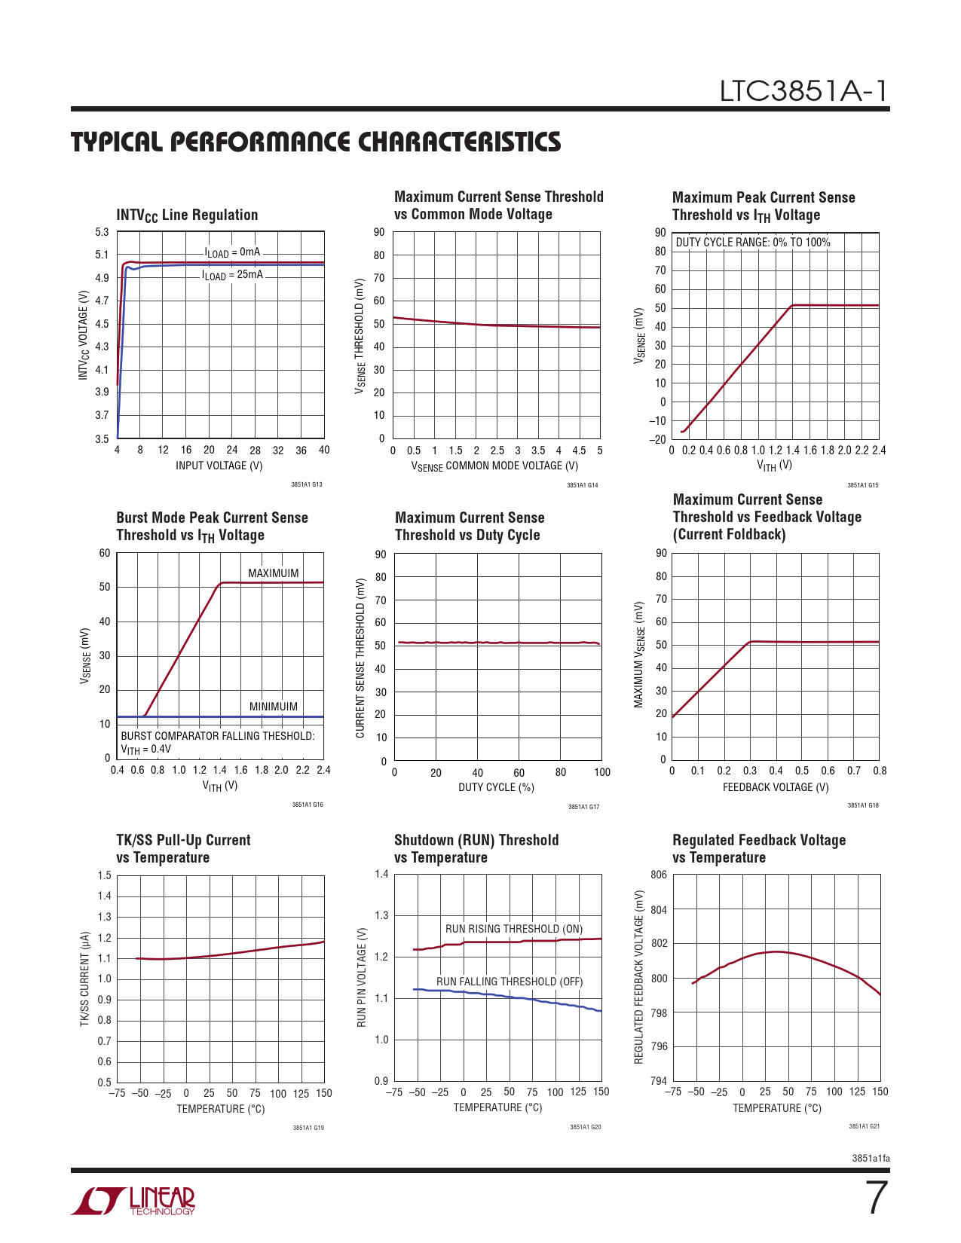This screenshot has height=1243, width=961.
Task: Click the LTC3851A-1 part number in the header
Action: click(x=803, y=91)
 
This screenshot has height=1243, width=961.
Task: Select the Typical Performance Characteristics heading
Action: click(x=316, y=142)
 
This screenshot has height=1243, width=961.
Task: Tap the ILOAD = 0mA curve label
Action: click(x=232, y=252)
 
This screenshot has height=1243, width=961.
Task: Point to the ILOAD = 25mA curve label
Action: click(x=232, y=275)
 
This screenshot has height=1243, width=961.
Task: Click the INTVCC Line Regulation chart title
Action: click(x=187, y=215)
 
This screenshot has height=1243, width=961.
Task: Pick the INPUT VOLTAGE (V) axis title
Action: click(x=219, y=466)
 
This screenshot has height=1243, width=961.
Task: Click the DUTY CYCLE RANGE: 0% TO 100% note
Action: click(x=752, y=243)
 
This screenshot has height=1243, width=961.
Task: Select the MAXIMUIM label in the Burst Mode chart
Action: click(x=273, y=573)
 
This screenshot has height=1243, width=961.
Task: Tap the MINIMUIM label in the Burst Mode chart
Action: click(x=273, y=707)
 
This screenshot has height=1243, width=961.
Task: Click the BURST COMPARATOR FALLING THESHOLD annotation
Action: click(x=217, y=736)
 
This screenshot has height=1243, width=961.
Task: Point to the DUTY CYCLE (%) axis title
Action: click(x=496, y=787)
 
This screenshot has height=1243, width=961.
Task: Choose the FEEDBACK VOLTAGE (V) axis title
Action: click(x=776, y=787)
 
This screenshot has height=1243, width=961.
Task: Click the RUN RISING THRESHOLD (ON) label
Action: click(x=514, y=929)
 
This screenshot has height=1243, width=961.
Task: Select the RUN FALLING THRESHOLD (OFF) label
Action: click(x=510, y=982)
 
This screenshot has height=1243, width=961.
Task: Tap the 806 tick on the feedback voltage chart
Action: click(x=659, y=875)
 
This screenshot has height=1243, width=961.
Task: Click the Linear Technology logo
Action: click(x=133, y=1201)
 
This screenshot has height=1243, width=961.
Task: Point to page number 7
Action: click(x=876, y=1198)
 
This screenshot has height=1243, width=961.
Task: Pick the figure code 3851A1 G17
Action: click(x=583, y=807)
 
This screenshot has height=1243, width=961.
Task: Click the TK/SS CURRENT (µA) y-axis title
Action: click(x=85, y=979)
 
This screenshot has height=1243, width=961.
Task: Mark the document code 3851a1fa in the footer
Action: click(x=871, y=1158)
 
